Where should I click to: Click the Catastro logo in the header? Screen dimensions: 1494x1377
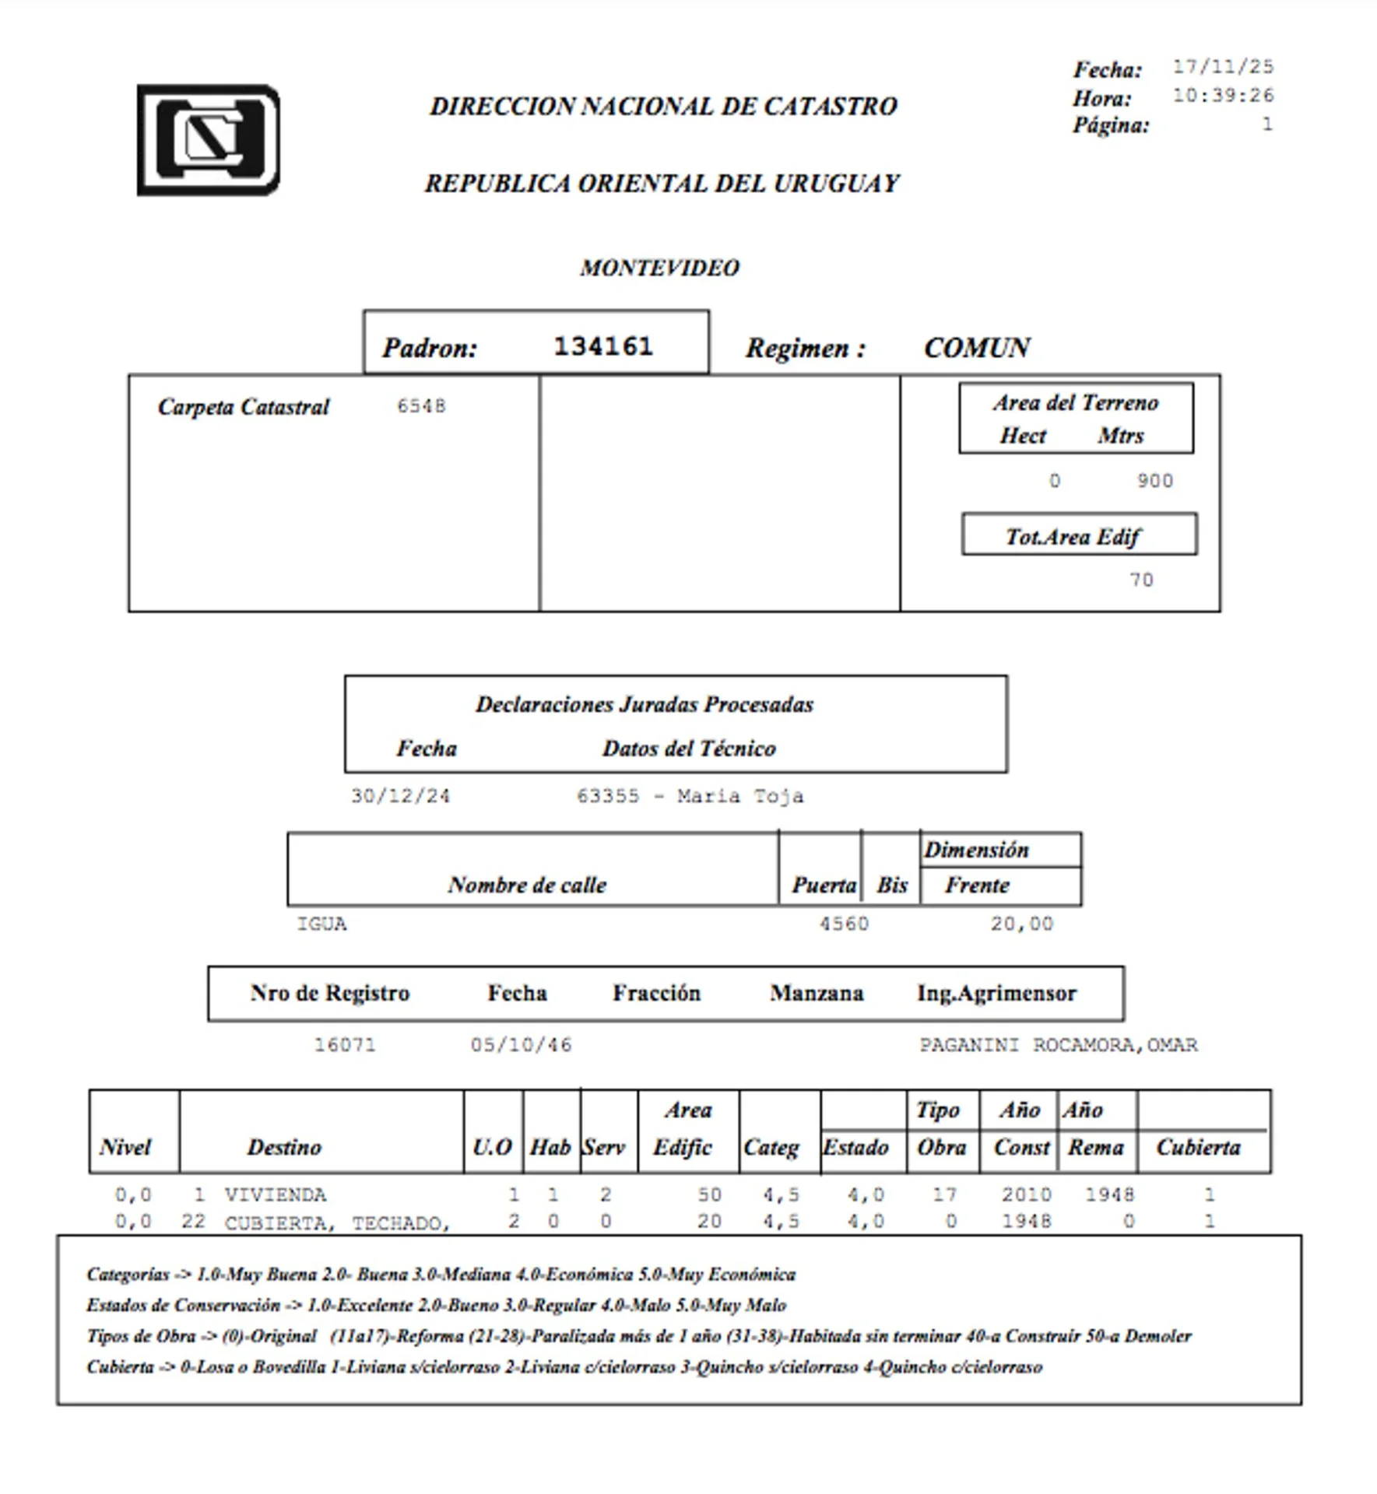(x=209, y=140)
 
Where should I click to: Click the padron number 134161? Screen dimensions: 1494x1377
(x=603, y=346)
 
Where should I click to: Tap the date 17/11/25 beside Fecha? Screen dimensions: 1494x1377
(x=1223, y=67)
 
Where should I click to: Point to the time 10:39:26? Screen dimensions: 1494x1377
(x=1223, y=96)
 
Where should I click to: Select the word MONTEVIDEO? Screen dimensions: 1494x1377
(x=659, y=268)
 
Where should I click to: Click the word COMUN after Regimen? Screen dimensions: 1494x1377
(x=976, y=348)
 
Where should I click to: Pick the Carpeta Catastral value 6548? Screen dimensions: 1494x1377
(x=421, y=406)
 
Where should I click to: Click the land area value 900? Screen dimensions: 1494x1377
(x=1154, y=481)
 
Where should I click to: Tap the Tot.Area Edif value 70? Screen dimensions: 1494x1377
(x=1141, y=580)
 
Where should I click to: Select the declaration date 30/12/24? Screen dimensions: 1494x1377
(x=400, y=796)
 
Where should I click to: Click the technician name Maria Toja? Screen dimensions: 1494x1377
(x=739, y=796)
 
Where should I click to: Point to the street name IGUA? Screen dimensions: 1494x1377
(x=321, y=924)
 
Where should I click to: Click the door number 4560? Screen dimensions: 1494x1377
(x=844, y=924)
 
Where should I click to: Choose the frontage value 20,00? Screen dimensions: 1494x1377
(x=1021, y=924)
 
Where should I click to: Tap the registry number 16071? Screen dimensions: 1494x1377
(x=345, y=1044)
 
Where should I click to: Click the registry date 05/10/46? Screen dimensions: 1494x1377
(x=521, y=1044)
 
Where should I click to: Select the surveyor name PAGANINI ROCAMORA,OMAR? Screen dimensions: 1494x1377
(x=1058, y=1044)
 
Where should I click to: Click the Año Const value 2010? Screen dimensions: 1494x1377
(x=1026, y=1194)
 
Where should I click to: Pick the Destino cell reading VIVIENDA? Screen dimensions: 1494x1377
(x=276, y=1194)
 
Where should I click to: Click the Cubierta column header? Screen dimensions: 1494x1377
(x=1198, y=1147)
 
